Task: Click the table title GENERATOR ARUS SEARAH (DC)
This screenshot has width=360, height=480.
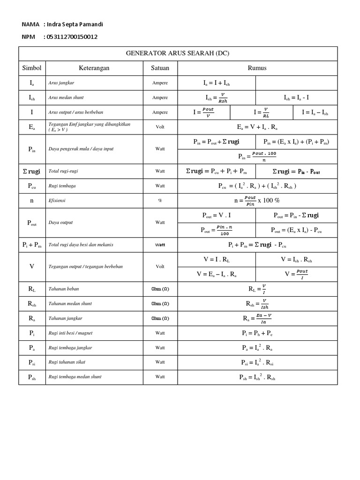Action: pyautogui.click(x=178, y=53)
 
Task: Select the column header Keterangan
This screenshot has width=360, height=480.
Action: pyautogui.click(x=94, y=68)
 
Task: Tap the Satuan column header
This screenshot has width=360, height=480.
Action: pyautogui.click(x=160, y=68)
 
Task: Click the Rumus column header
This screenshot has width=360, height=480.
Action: pyautogui.click(x=257, y=68)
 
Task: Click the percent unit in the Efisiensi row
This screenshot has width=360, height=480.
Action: pyautogui.click(x=160, y=200)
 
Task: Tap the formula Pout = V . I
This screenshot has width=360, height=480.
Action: pyautogui.click(x=216, y=216)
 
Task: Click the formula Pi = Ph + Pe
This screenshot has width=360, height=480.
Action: pyautogui.click(x=257, y=333)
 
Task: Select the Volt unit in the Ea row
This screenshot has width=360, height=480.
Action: pyautogui.click(x=160, y=127)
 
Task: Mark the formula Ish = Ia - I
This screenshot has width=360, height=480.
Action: pyautogui.click(x=296, y=98)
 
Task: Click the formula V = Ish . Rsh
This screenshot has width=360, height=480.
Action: pyautogui.click(x=296, y=259)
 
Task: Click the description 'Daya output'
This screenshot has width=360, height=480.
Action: pyautogui.click(x=61, y=223)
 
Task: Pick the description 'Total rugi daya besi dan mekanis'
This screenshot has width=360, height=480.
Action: pyautogui.click(x=81, y=245)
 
